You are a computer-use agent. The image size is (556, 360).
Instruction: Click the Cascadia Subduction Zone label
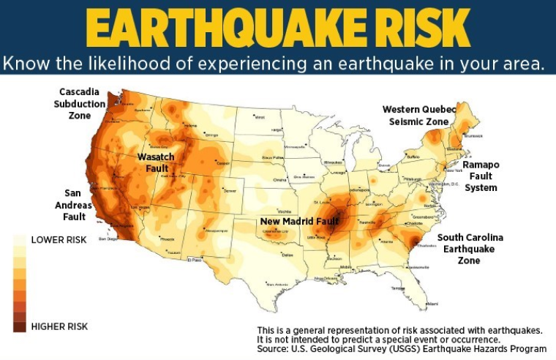click(x=83, y=103)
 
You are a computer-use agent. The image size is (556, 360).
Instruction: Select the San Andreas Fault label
click(x=78, y=205)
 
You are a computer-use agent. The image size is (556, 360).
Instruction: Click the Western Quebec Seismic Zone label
click(x=419, y=115)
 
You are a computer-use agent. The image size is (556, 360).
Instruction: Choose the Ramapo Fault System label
click(x=481, y=176)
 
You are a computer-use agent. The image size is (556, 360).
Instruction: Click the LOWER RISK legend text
click(x=59, y=239)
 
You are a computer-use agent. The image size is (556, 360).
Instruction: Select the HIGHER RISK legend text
click(x=59, y=326)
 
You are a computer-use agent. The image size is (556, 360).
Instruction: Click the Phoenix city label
click(x=167, y=239)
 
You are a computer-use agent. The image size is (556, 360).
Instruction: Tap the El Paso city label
click(x=195, y=259)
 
